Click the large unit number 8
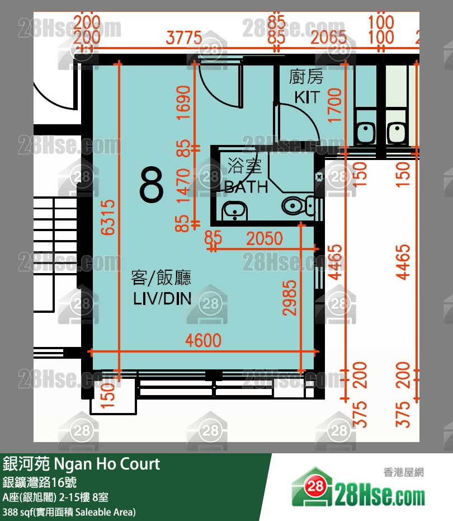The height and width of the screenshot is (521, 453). (x=152, y=185)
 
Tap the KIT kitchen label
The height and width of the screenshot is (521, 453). (x=307, y=97)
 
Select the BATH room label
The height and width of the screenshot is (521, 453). (x=246, y=187)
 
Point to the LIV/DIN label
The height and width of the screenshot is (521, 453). (x=162, y=299)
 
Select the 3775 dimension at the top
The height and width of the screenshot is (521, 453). (x=183, y=39)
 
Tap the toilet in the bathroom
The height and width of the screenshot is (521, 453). (x=296, y=206)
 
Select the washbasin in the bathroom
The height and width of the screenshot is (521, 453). (x=234, y=211)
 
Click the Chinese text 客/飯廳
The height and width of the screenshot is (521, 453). (x=162, y=277)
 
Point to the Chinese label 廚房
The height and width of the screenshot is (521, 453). (x=306, y=77)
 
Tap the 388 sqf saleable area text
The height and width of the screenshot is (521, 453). (x=69, y=511)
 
